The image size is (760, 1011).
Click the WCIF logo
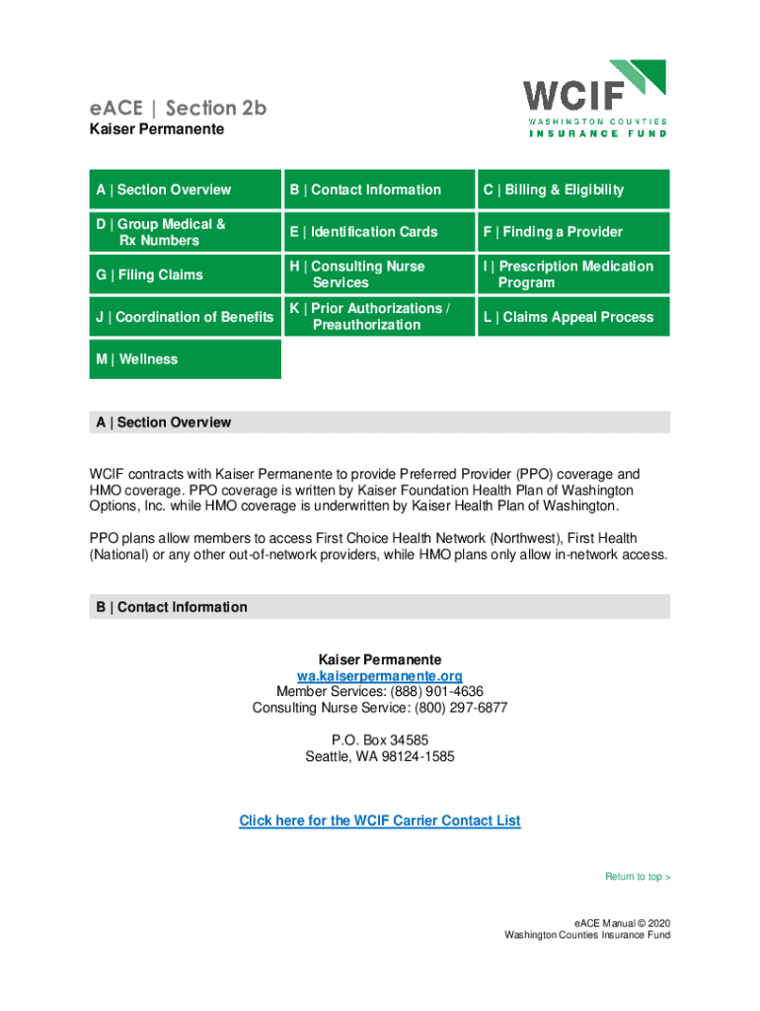tap(594, 98)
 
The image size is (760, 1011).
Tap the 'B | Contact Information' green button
tap(379, 190)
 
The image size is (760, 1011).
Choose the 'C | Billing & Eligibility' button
tap(573, 190)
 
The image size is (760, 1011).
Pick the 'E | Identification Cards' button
tap(379, 232)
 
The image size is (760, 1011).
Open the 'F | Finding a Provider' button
tap(573, 232)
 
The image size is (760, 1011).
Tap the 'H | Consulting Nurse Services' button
tap(379, 274)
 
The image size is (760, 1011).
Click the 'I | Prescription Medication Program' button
tap(573, 274)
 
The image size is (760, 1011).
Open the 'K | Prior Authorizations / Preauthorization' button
tap(379, 317)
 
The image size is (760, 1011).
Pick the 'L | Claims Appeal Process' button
tap(573, 317)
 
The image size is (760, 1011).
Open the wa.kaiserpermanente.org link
tap(380, 675)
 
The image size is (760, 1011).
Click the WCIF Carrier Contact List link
tap(380, 820)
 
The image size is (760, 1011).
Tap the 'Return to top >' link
tap(638, 877)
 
